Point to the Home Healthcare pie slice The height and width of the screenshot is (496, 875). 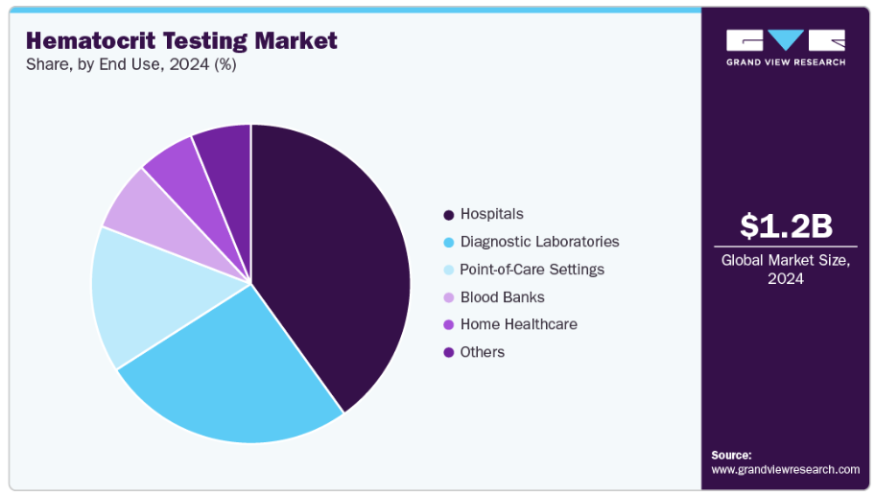pyautogui.click(x=173, y=163)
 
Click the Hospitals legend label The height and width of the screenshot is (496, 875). pyautogui.click(x=491, y=214)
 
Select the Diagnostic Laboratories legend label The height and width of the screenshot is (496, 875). pyautogui.click(x=539, y=242)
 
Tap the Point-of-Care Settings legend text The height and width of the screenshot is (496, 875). pyautogui.click(x=532, y=270)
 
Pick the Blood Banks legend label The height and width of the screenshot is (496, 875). pyautogui.click(x=502, y=297)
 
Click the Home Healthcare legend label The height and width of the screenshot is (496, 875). pyautogui.click(x=518, y=324)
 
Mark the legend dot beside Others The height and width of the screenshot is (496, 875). pyautogui.click(x=448, y=353)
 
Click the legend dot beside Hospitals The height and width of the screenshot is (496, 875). pyautogui.click(x=448, y=215)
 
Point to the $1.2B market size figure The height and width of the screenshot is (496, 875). pyautogui.click(x=786, y=225)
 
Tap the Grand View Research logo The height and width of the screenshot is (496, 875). pyautogui.click(x=786, y=47)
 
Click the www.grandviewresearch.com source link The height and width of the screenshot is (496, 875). pyautogui.click(x=785, y=469)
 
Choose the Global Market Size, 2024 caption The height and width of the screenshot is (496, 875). pyautogui.click(x=786, y=269)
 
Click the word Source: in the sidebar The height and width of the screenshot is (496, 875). pyautogui.click(x=731, y=455)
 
